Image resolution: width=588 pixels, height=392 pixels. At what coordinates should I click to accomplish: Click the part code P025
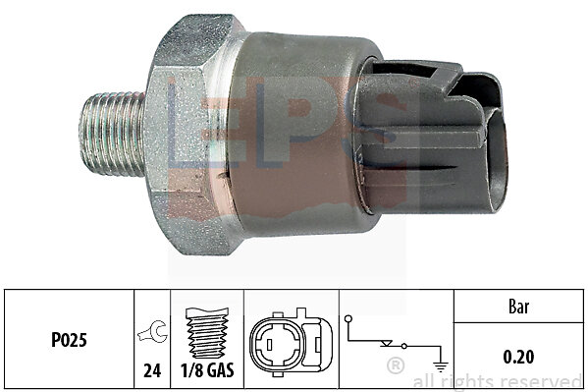coord(69,340)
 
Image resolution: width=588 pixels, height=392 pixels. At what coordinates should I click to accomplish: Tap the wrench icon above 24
coord(152,331)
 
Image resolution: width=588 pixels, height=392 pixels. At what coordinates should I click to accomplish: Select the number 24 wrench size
coord(152,371)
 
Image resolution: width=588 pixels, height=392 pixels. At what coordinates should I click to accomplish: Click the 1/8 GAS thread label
coord(207,370)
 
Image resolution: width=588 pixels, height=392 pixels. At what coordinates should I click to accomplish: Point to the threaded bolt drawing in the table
coord(207,333)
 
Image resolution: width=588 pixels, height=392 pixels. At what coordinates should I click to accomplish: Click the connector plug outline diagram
coord(291,343)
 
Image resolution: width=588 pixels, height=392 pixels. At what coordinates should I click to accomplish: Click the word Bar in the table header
coord(519,307)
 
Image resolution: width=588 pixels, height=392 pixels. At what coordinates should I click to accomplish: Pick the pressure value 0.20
coord(518,357)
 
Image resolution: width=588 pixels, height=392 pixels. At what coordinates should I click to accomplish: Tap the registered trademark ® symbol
coord(396,365)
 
